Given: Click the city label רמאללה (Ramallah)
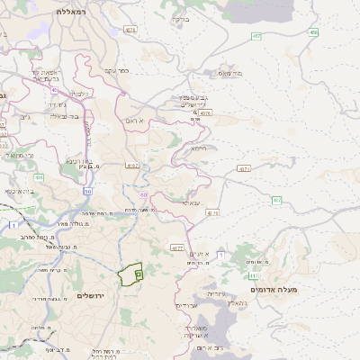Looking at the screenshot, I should point(68,11).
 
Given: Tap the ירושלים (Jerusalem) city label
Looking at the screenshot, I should point(92,296).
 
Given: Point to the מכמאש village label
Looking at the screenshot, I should point(230,74).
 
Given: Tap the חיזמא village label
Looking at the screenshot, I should point(199,148).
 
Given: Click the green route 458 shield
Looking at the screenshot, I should point(313,32).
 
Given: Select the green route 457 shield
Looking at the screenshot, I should point(257,36).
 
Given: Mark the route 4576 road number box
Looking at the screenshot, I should point(205,113).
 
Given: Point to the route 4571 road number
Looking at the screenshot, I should point(244,168).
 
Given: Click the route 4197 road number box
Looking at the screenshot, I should point(133,165).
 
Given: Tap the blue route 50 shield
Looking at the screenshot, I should point(87,191).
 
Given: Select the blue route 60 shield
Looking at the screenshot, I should point(144,194).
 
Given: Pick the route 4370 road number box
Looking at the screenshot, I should point(212,213).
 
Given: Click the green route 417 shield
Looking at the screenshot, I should point(254,275).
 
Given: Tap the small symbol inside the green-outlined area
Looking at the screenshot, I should point(138,272).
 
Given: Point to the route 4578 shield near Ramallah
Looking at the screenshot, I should point(131,30).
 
